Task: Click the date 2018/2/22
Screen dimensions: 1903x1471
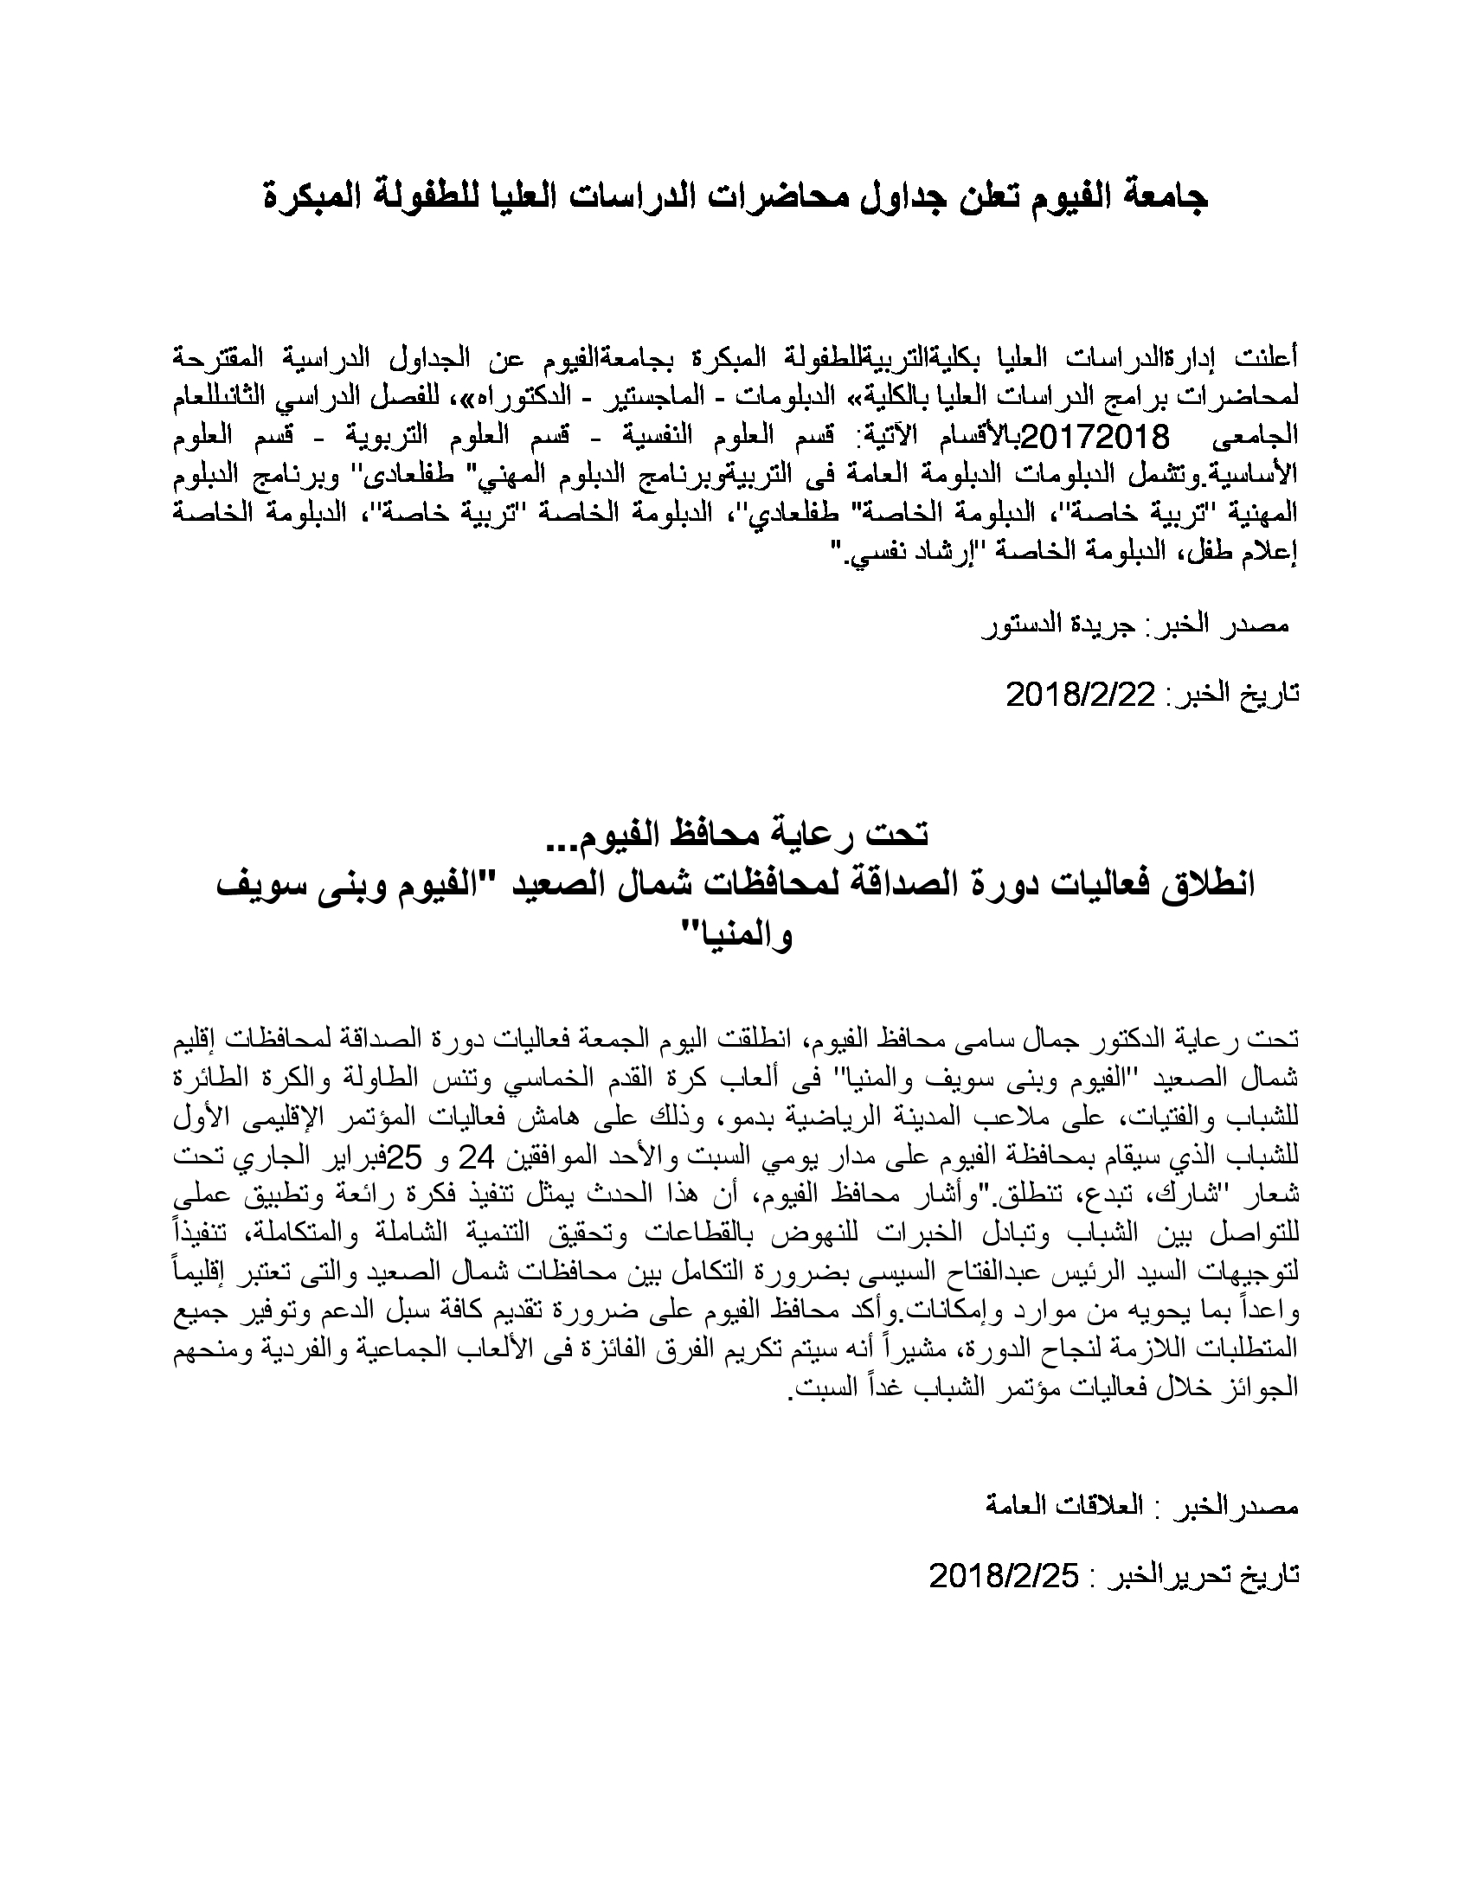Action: (1081, 694)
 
